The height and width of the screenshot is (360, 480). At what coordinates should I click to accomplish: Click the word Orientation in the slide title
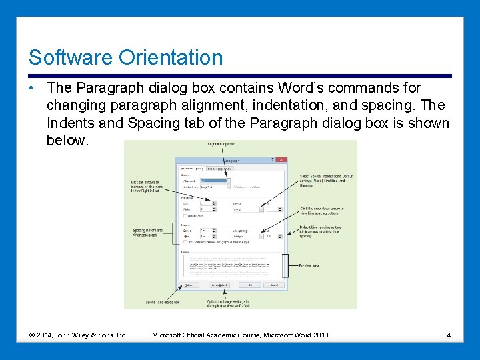click(171, 57)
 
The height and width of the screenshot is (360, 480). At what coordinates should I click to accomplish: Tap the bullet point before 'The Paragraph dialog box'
click(32, 88)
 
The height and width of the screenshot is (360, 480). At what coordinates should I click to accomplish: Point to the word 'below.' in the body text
click(67, 141)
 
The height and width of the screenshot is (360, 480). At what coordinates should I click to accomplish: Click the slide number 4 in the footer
click(449, 335)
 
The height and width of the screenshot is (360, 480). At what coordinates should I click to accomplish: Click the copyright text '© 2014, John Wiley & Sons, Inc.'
click(78, 335)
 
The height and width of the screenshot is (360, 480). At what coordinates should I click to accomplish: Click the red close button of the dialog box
click(281, 160)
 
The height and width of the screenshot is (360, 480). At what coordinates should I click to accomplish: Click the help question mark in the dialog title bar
click(272, 160)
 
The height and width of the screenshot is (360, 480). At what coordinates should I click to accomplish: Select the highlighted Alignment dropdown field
click(215, 181)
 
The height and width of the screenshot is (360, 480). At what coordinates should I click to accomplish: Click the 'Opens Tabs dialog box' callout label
click(163, 303)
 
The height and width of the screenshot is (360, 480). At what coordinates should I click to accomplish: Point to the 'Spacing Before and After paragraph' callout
click(147, 233)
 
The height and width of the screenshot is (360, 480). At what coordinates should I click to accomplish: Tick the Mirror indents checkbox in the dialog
click(185, 215)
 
